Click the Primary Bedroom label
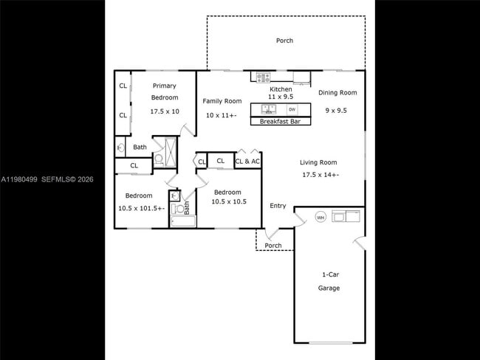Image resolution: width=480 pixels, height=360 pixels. point(164,91)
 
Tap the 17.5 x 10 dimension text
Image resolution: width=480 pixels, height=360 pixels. point(164,111)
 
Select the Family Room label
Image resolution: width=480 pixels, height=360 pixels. point(222,101)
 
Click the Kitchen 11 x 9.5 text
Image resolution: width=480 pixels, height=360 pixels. point(281,92)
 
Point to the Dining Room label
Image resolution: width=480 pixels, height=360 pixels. point(337,93)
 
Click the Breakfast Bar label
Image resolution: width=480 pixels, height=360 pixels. point(281,122)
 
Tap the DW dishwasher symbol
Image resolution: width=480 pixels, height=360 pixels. point(292,109)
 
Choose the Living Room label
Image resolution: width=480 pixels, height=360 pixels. point(318,162)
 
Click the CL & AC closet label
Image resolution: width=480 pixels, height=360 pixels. point(247,161)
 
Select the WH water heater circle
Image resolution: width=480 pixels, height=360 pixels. point(320,217)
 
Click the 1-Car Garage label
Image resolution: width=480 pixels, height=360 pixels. point(329,281)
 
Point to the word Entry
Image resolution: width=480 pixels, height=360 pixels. point(278,206)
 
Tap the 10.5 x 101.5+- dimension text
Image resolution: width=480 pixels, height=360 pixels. point(139,208)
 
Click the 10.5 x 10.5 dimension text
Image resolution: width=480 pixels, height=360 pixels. point(228,201)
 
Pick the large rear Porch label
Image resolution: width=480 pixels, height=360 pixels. point(284,41)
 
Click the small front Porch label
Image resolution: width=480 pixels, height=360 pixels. point(273,246)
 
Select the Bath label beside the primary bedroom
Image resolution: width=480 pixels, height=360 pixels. point(140,147)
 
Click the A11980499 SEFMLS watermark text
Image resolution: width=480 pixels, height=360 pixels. point(47,179)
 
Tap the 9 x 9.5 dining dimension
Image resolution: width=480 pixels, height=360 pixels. point(336,111)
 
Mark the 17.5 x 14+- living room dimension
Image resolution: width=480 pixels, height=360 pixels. point(320,175)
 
